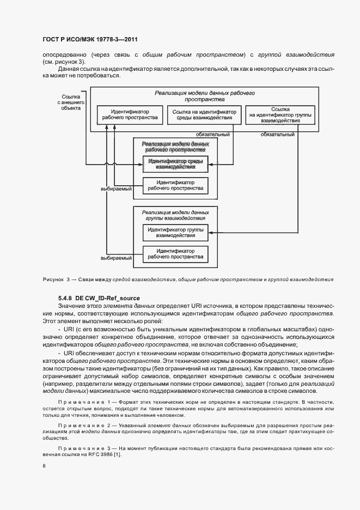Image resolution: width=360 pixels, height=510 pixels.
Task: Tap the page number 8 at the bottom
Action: pos(44,466)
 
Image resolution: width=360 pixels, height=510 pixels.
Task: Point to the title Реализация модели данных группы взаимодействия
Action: pos(175,215)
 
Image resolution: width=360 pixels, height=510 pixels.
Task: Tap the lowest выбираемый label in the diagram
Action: pos(116,258)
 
